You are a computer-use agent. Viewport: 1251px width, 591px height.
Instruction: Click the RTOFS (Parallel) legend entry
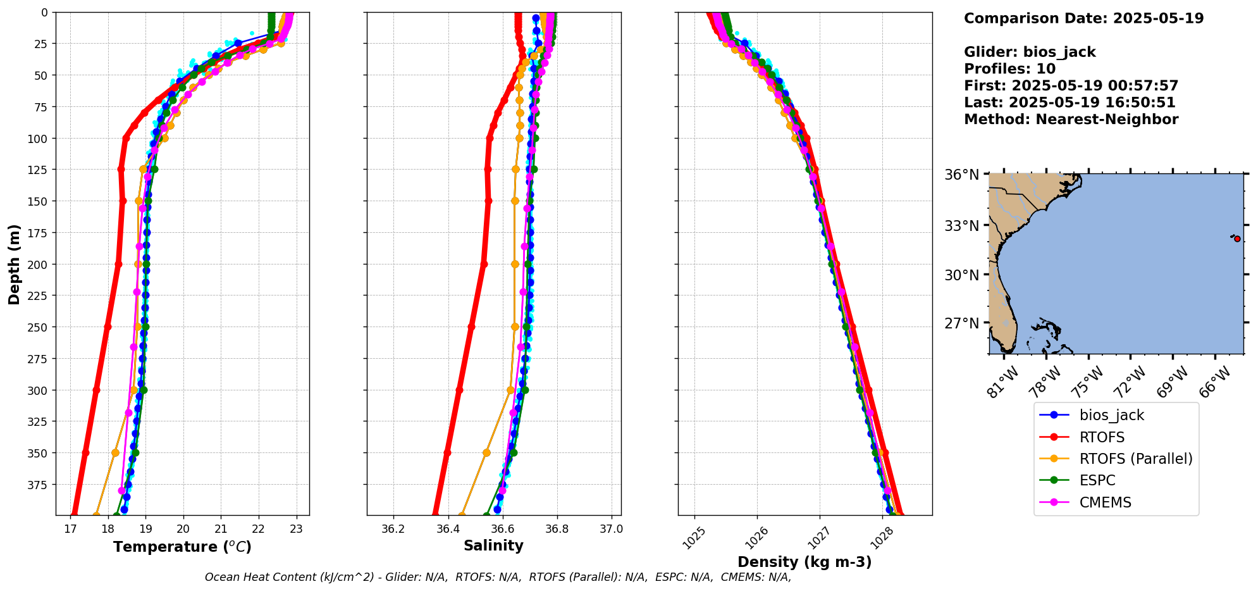click(1135, 459)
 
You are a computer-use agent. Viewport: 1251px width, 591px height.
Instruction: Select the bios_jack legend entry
click(1111, 415)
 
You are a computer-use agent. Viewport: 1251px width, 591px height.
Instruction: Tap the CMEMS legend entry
click(1105, 502)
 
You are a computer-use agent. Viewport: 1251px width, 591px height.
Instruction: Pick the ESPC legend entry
click(1097, 480)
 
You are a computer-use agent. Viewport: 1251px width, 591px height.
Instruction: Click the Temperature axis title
click(182, 547)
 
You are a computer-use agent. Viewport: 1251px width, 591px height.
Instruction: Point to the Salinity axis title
click(493, 546)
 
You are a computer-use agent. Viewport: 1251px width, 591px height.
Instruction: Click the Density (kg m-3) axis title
click(804, 562)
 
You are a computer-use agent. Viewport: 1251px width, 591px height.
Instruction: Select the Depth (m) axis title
click(14, 264)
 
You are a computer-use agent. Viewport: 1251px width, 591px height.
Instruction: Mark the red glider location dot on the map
click(1237, 239)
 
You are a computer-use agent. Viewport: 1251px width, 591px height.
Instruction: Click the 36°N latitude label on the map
click(961, 175)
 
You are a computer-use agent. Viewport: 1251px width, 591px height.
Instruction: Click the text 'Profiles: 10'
click(1009, 69)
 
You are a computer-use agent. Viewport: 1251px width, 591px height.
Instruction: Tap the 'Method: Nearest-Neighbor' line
click(1071, 120)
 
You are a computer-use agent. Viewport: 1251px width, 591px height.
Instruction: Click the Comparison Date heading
click(1083, 18)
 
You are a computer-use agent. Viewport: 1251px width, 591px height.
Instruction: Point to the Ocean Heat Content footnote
click(498, 577)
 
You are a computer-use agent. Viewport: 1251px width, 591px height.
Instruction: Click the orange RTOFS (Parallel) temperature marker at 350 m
click(115, 453)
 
